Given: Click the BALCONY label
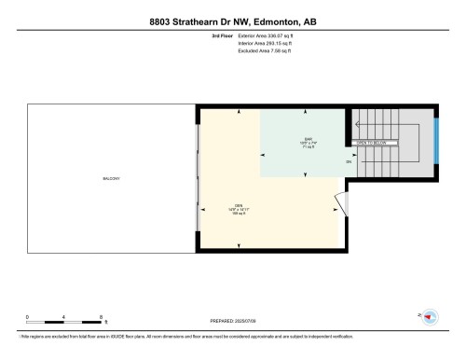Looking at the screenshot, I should (x=112, y=178).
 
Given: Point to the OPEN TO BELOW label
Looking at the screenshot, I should (x=371, y=143).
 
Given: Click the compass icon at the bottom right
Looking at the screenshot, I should (x=431, y=317).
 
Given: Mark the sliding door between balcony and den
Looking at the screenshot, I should (x=197, y=177).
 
